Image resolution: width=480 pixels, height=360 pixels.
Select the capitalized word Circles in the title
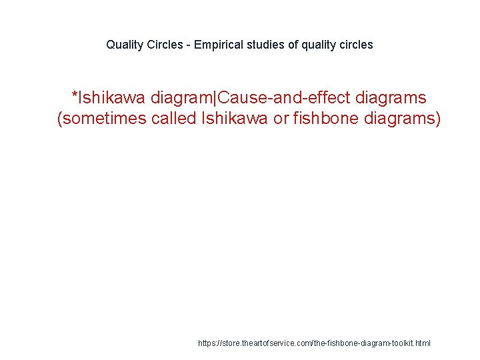tap(164, 45)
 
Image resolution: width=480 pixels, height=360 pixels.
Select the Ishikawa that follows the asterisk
tap(112, 98)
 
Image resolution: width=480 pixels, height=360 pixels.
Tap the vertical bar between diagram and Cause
tap(215, 98)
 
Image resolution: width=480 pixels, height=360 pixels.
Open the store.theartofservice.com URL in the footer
tap(314, 343)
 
